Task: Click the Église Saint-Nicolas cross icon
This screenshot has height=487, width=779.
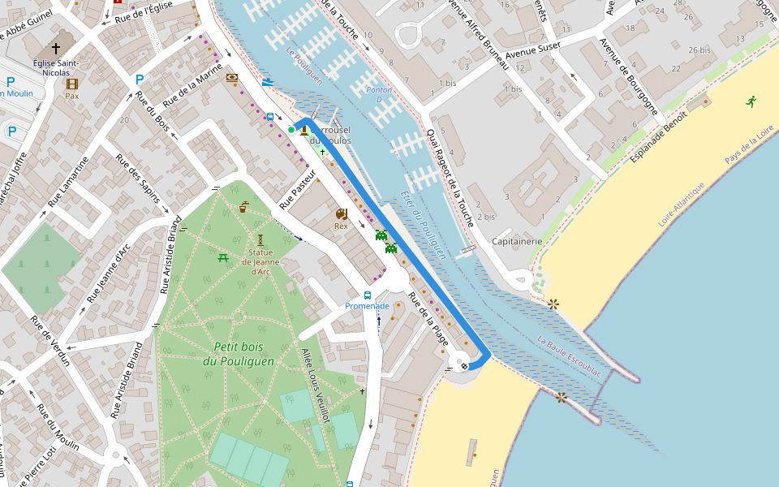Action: [x=55, y=49]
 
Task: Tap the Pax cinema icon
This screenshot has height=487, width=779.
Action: [x=72, y=84]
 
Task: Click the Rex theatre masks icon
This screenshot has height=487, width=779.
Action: [x=341, y=213]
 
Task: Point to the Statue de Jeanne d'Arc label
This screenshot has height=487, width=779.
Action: [x=260, y=266]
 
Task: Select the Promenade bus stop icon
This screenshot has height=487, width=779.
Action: [x=368, y=295]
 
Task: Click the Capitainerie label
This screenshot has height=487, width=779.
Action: [x=517, y=241]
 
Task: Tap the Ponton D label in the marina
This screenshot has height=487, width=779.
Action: [x=379, y=94]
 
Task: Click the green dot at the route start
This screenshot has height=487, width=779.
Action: [x=291, y=129]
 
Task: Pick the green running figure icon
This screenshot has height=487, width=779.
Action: [x=751, y=101]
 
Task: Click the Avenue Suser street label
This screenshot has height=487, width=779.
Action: [x=539, y=50]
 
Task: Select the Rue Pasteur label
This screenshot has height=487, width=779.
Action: [x=297, y=190]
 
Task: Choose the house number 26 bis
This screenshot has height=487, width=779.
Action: [x=699, y=50]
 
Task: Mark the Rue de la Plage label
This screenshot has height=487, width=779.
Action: [x=428, y=318]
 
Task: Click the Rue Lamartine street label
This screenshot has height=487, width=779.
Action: [x=67, y=181]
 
